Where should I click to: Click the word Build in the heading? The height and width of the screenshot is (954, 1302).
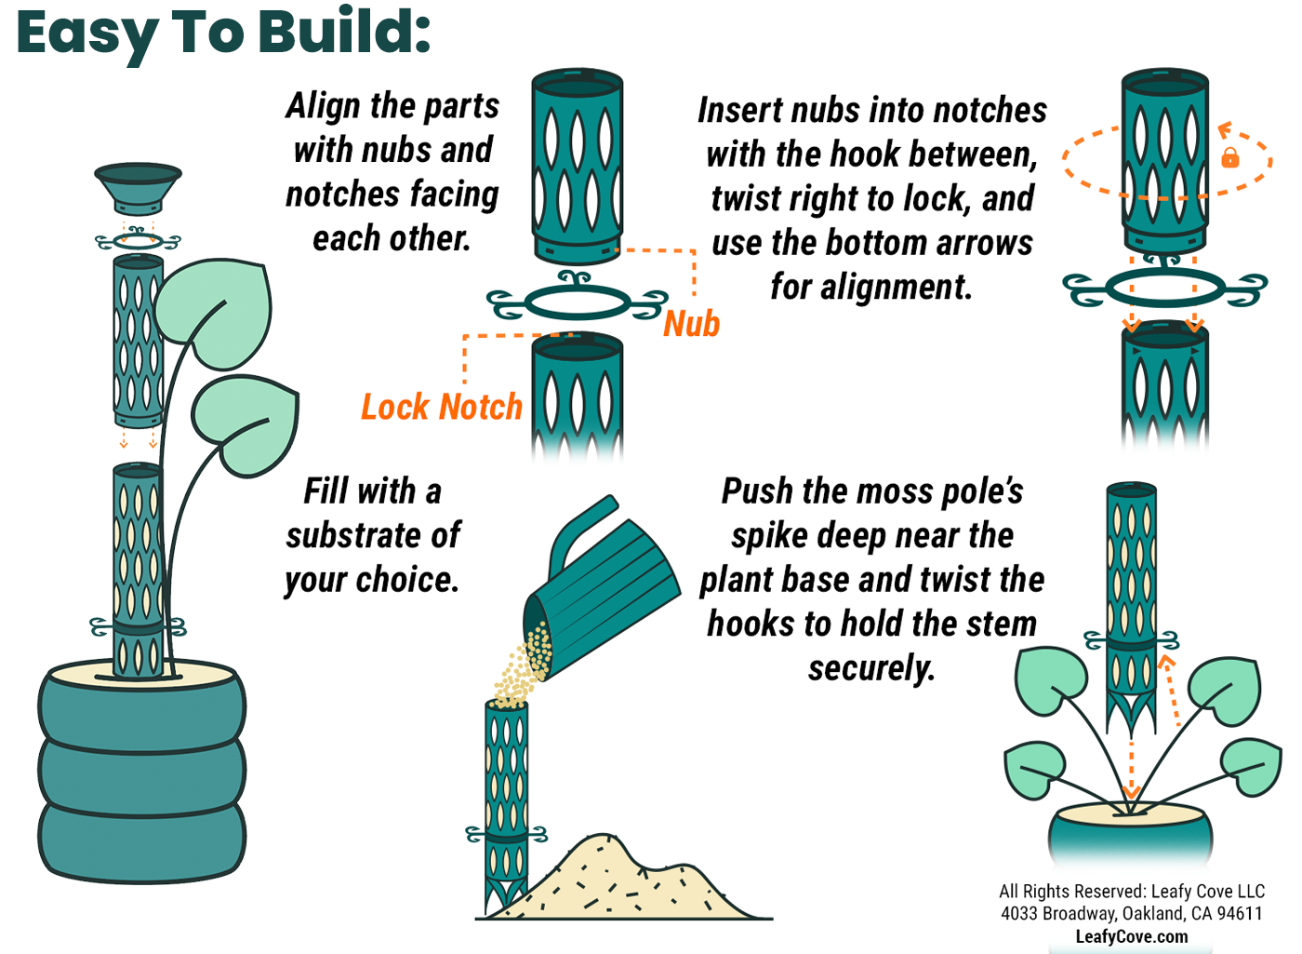[x=344, y=33]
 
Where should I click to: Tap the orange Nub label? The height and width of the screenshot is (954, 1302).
[x=692, y=324]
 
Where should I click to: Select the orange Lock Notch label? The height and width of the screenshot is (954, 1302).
[x=442, y=407]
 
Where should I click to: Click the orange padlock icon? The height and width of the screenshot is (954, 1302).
[x=1230, y=157]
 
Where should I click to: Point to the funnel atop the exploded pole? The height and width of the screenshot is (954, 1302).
[x=138, y=187]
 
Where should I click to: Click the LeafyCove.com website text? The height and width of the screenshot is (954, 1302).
[x=1132, y=936]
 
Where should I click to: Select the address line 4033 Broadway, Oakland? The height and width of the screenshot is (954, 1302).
[x=1132, y=913]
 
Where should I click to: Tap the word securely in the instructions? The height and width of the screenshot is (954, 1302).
[x=871, y=668]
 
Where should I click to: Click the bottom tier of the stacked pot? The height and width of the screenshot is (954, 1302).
[x=141, y=838]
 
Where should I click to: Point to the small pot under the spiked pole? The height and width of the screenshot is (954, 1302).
[x=1131, y=833]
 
